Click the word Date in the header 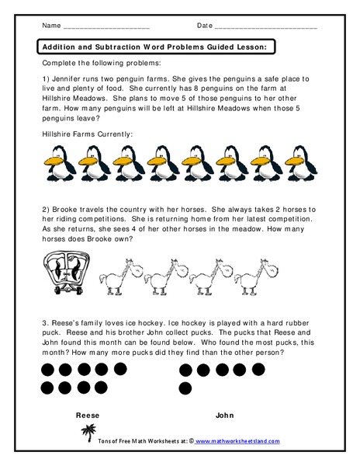[x=205, y=26]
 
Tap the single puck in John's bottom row [x=185, y=388]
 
